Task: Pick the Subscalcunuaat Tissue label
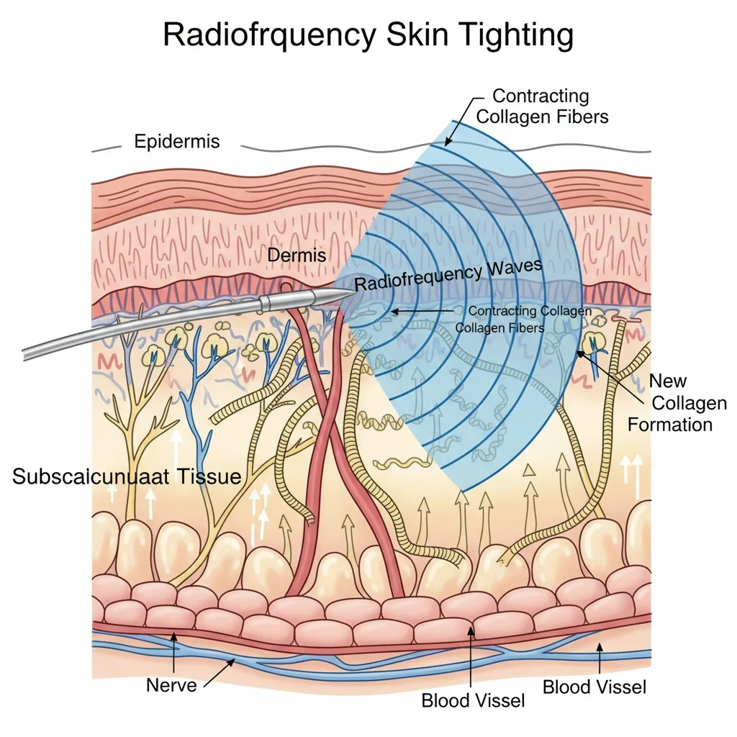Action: [127, 476]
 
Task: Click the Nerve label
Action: [171, 684]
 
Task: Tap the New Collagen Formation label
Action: [670, 402]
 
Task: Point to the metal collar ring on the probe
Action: [265, 303]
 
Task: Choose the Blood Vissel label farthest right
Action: [594, 687]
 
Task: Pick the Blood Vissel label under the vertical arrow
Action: [473, 700]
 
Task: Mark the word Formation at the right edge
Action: [670, 424]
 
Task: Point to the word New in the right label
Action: [668, 381]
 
